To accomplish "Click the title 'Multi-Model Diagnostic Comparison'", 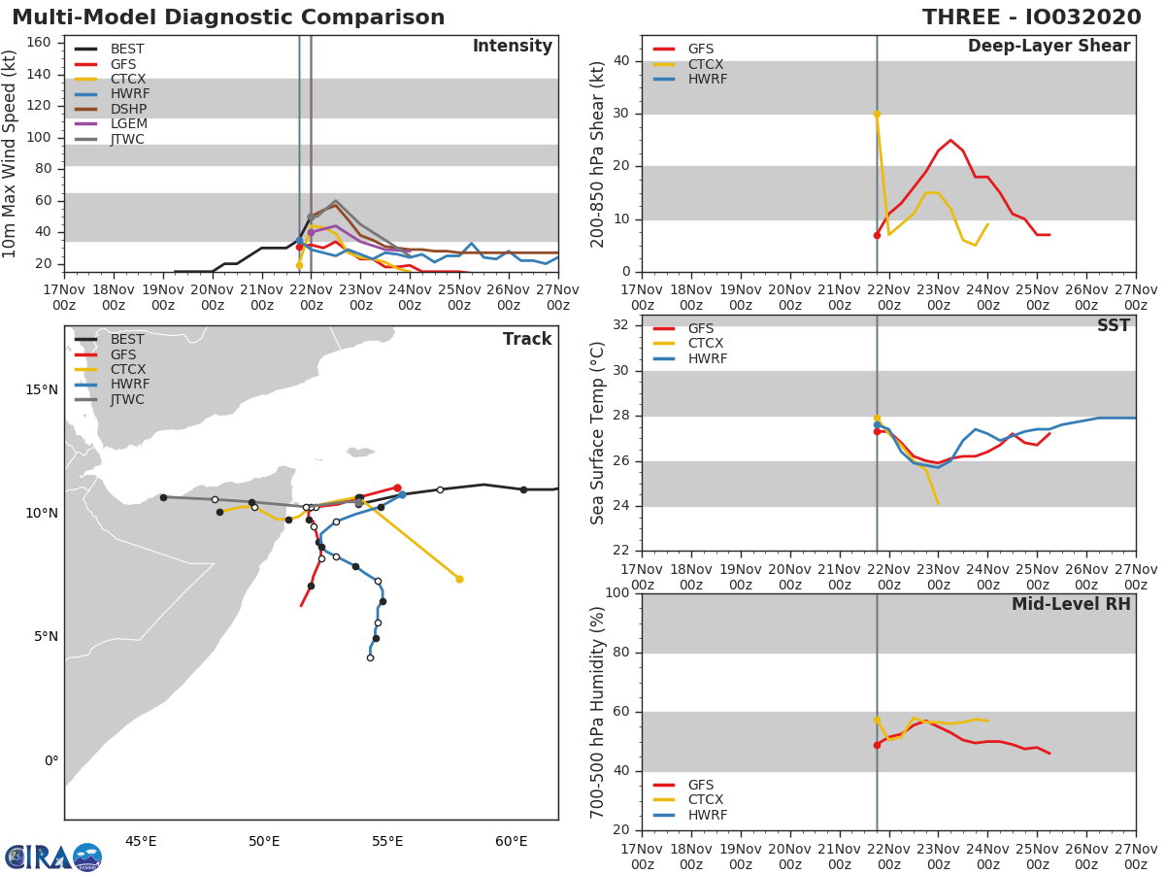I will pyautogui.click(x=228, y=17).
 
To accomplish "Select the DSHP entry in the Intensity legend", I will pyautogui.click(x=128, y=109).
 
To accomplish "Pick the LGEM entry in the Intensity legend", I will pyautogui.click(x=128, y=124).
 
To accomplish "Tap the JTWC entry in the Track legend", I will pyautogui.click(x=128, y=399).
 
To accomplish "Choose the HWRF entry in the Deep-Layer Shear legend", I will pyautogui.click(x=707, y=79).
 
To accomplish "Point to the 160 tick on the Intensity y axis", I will pyautogui.click(x=45, y=43).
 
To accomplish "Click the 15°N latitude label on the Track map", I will pyautogui.click(x=41, y=389).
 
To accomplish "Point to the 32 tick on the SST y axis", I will pyautogui.click(x=619, y=325).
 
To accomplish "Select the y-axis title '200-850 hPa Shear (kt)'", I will pyautogui.click(x=598, y=153).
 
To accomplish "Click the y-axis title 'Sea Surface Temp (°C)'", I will pyautogui.click(x=598, y=433).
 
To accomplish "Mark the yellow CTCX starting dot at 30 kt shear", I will pyautogui.click(x=877, y=114).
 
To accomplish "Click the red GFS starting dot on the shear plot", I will pyautogui.click(x=877, y=235).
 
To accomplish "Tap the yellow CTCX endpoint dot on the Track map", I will pyautogui.click(x=459, y=579).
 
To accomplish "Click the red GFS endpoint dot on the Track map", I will pyautogui.click(x=397, y=487).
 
